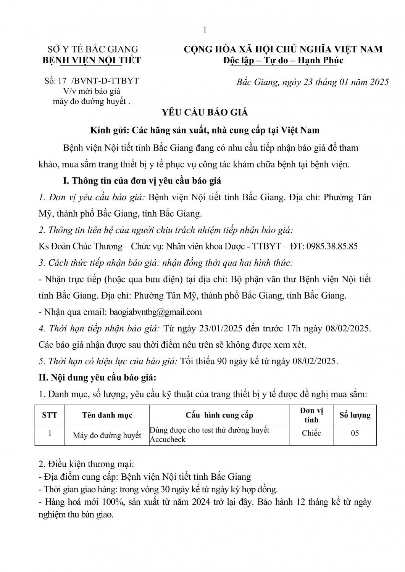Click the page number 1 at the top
pos(205,30)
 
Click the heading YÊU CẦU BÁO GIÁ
pos(205,112)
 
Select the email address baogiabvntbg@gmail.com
pos(156,312)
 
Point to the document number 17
pos(63,81)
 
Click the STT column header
pos(50,415)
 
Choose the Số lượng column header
pos(355,415)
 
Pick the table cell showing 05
pos(355,433)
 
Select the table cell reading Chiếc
pos(311,433)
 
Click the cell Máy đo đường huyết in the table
pos(107,435)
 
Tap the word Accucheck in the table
pos(168,439)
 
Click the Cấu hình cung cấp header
pos(219,415)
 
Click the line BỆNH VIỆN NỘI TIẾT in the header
pos(91,60)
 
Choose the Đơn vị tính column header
pos(311,415)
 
